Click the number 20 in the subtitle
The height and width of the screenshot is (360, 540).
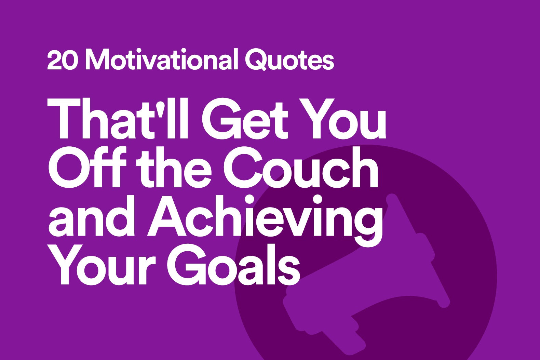63,61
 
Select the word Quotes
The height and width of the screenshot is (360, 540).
289,60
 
